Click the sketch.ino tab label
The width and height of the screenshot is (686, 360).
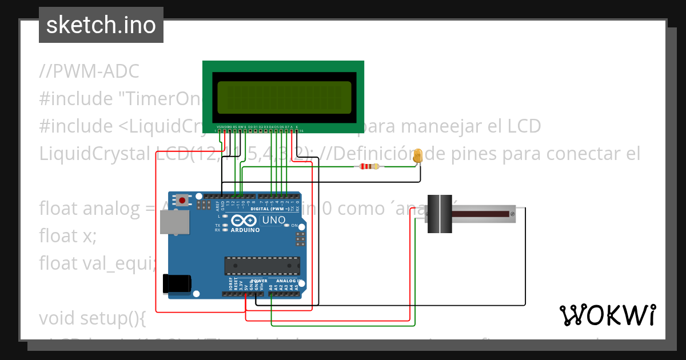(x=101, y=25)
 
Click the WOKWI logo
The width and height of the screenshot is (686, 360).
(x=607, y=315)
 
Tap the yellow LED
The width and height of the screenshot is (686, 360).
(x=418, y=155)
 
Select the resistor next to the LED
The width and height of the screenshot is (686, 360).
(x=368, y=167)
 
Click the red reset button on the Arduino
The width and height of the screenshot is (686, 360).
(x=182, y=200)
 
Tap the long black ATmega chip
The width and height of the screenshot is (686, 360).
(x=262, y=265)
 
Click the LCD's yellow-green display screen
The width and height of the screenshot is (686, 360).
(x=284, y=97)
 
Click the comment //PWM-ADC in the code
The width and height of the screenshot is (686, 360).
(x=89, y=71)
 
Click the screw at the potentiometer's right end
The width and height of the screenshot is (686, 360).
(x=512, y=214)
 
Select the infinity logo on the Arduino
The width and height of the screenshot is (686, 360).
(x=245, y=221)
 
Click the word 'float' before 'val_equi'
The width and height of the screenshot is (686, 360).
(x=57, y=263)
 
